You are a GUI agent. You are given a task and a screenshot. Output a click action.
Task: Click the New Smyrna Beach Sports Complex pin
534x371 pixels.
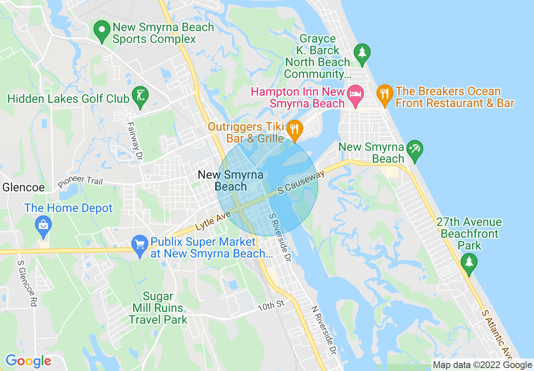[101, 30]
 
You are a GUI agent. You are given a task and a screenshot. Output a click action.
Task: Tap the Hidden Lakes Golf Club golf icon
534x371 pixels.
[139, 96]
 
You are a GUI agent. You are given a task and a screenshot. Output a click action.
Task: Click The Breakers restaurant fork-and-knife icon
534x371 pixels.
[384, 94]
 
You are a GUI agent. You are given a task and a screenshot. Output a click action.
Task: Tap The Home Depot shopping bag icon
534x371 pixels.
[43, 225]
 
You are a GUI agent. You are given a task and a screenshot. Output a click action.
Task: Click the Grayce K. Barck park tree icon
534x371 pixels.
[362, 54]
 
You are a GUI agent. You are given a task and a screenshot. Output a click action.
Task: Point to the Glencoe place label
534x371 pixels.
[24, 187]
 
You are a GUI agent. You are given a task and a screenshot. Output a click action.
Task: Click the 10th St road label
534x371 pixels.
[272, 306]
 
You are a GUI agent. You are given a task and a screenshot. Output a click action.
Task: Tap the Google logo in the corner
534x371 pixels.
[28, 361]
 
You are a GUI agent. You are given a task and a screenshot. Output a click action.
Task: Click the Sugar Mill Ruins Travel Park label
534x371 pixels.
[158, 308]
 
